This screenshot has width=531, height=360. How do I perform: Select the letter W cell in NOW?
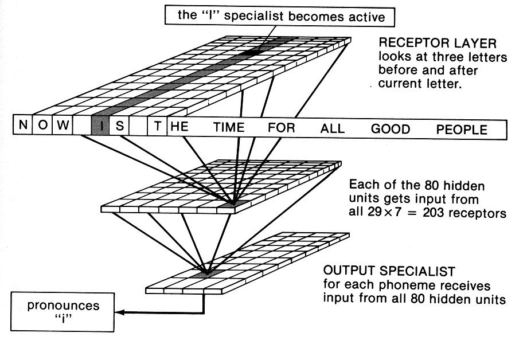click(x=63, y=125)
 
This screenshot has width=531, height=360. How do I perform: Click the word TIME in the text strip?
click(x=229, y=127)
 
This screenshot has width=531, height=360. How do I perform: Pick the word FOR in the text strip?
click(x=281, y=127)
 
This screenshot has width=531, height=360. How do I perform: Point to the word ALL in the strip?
click(x=333, y=128)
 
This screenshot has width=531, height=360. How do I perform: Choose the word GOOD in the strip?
click(x=390, y=128)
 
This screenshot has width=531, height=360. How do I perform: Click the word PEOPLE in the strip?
click(x=462, y=129)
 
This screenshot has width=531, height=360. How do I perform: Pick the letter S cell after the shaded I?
click(x=119, y=126)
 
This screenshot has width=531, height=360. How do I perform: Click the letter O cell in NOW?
click(x=43, y=124)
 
